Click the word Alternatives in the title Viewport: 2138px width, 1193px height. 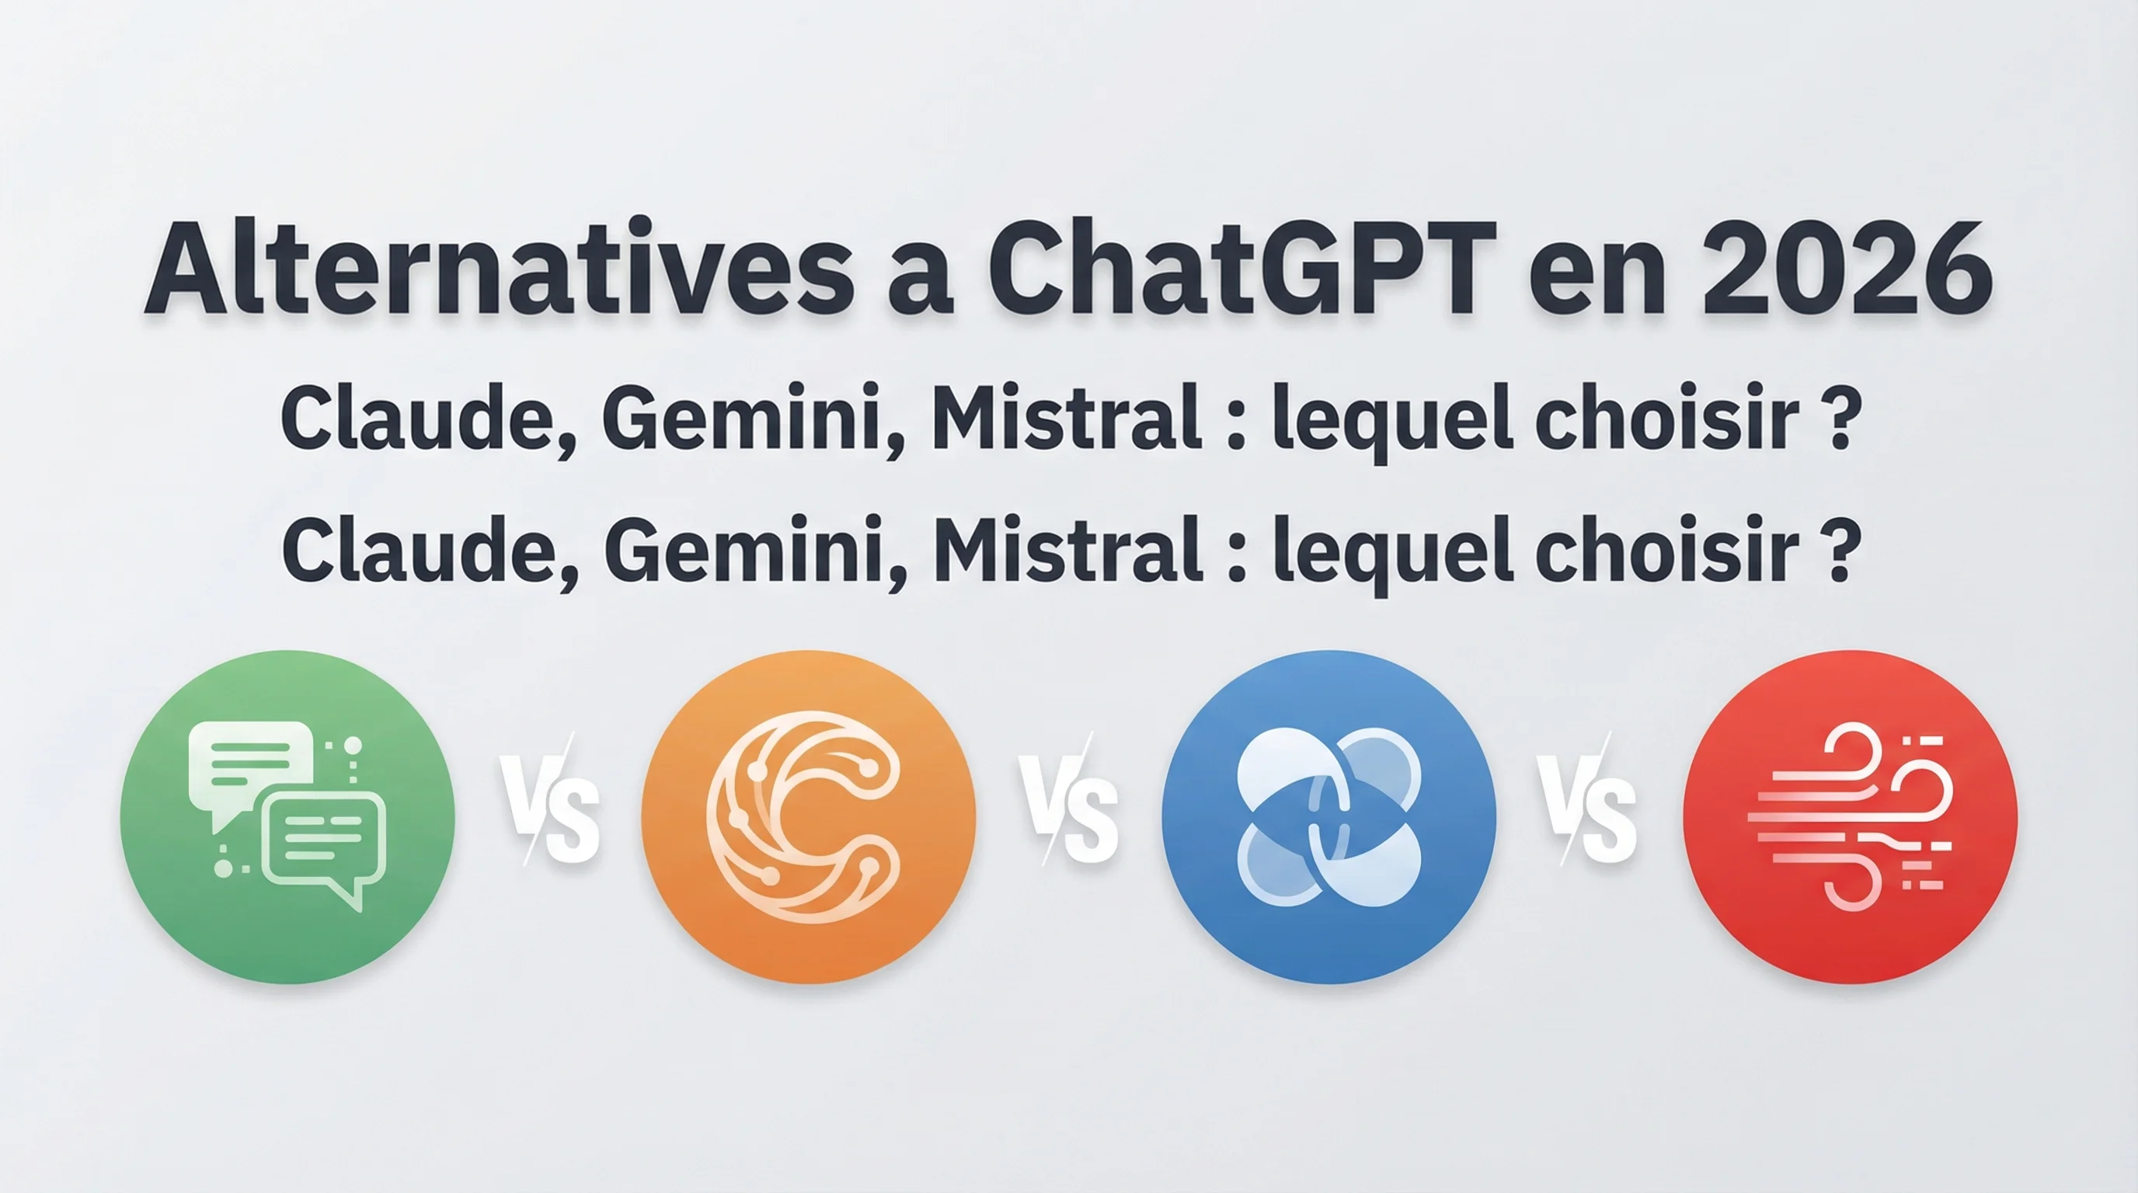pyautogui.click(x=498, y=270)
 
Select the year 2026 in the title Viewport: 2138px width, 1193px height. pyautogui.click(x=1846, y=270)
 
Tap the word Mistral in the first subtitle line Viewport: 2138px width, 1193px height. pyautogui.click(x=1067, y=419)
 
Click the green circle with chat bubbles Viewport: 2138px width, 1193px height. pyautogui.click(x=287, y=817)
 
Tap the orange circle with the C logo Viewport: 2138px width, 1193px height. pyautogui.click(x=809, y=817)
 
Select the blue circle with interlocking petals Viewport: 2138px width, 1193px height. pyautogui.click(x=1328, y=817)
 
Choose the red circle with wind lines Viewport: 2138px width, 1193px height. pyautogui.click(x=1850, y=817)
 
